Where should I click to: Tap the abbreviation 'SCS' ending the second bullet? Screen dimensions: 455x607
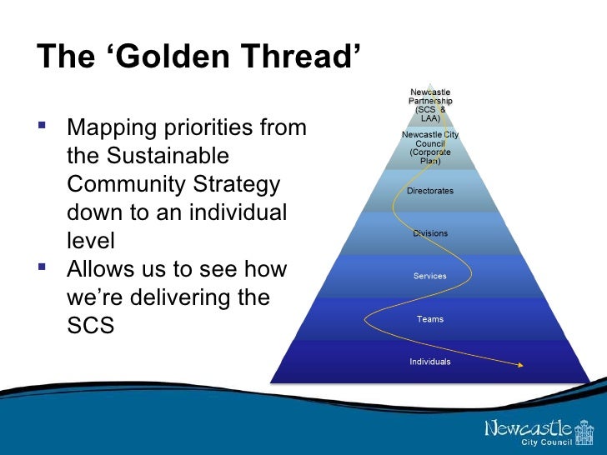pyautogui.click(x=89, y=325)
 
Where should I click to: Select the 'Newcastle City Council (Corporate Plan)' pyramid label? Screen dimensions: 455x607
pyautogui.click(x=430, y=147)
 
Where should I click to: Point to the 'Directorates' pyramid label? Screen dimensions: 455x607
pyautogui.click(x=430, y=191)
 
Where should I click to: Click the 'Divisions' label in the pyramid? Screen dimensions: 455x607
pyautogui.click(x=430, y=233)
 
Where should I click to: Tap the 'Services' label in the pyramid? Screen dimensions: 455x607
pyautogui.click(x=430, y=276)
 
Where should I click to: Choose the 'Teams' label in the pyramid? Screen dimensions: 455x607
pyautogui.click(x=430, y=318)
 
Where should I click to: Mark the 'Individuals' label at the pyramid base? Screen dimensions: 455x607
pyautogui.click(x=430, y=362)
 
